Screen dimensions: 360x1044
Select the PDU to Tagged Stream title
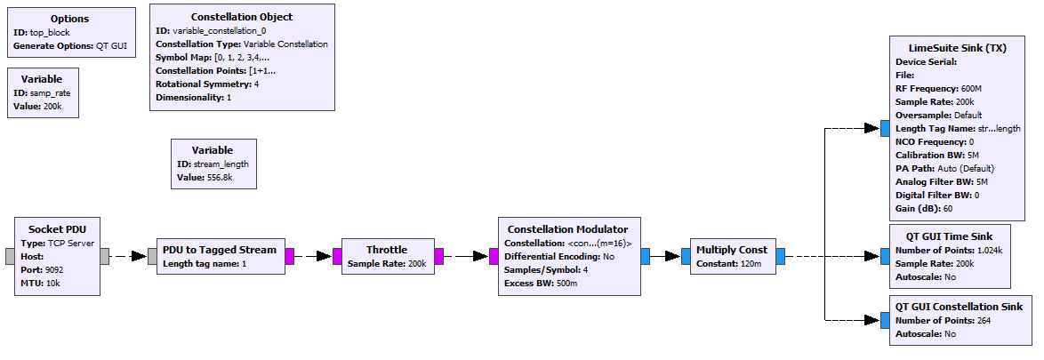220,249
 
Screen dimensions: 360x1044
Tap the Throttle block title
386,250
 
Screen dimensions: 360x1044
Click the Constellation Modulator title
567,228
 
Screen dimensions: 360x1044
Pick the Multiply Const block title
732,250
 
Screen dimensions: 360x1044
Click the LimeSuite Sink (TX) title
958,48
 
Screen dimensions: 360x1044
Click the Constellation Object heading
242,17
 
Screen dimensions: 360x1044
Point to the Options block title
69,19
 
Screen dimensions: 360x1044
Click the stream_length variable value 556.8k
217,178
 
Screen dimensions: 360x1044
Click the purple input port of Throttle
337,256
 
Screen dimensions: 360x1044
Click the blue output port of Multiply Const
780,256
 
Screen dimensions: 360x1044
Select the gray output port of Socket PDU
106,256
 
